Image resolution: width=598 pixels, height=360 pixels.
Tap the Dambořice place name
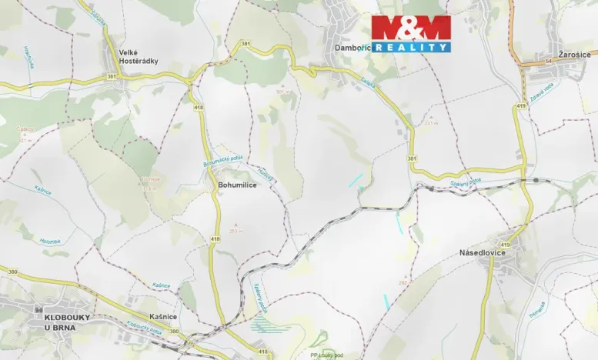coord(353,48)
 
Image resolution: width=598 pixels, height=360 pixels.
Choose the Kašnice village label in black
coord(165,316)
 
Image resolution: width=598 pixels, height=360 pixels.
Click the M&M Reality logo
coord(411,34)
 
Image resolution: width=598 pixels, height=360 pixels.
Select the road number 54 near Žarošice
coord(528,60)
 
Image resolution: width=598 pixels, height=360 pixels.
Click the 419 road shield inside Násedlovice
coord(504,245)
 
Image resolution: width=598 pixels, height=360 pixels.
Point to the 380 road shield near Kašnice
coord(173,332)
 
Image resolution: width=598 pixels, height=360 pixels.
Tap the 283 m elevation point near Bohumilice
coord(236,230)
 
